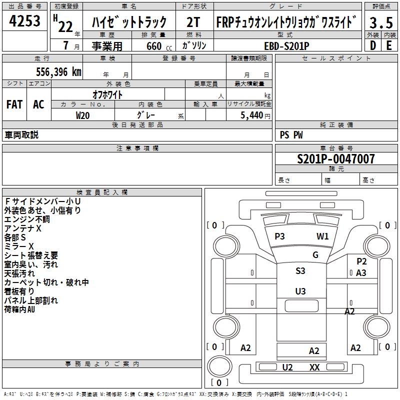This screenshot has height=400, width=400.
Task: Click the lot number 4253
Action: [25, 22]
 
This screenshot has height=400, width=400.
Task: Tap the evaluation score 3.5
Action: [380, 22]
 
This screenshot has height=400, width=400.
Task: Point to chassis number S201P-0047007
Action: [335, 159]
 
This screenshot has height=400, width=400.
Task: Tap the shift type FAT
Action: [14, 104]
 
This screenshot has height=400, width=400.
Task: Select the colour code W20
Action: [82, 115]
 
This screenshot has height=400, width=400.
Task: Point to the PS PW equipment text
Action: [291, 135]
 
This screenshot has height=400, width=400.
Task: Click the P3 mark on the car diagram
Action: [279, 236]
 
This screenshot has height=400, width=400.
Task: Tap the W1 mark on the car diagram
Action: [322, 236]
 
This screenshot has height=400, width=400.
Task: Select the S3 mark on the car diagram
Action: [300, 271]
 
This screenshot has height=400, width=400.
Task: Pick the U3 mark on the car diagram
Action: [300, 291]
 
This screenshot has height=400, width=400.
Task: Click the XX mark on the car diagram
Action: [314, 367]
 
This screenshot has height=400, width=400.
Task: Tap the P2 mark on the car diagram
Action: [361, 261]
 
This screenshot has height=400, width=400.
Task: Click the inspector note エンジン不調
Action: [27, 219]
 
